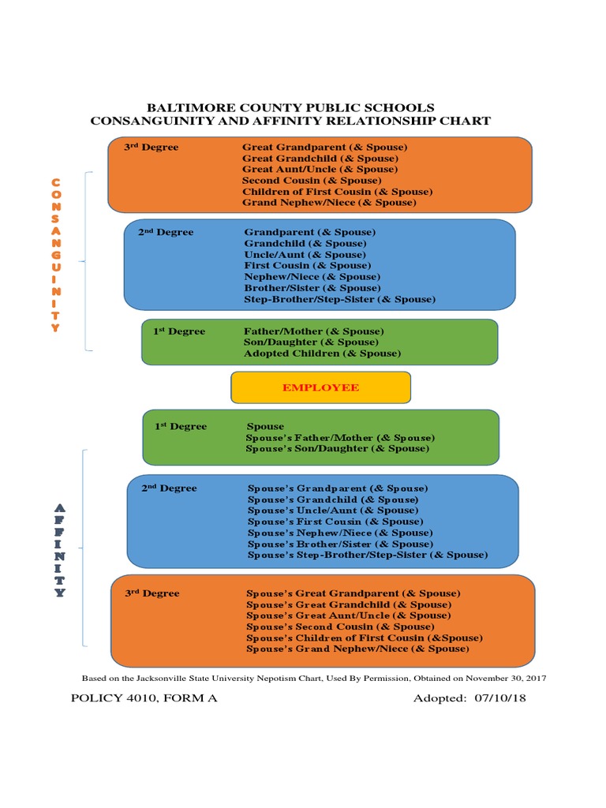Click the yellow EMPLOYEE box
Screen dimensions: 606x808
click(320, 387)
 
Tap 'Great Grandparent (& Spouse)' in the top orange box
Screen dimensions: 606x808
click(324, 148)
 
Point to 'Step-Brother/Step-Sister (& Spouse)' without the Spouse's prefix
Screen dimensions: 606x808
click(339, 299)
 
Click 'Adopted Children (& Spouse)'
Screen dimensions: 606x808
click(322, 353)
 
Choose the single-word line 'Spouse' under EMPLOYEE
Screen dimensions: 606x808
click(265, 426)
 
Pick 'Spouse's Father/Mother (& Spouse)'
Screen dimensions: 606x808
click(340, 437)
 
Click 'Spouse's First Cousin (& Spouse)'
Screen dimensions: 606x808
click(335, 522)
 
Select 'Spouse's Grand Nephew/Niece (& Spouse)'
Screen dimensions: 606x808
click(357, 649)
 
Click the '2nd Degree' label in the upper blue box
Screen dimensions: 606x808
click(166, 233)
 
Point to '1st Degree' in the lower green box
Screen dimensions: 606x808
click(181, 426)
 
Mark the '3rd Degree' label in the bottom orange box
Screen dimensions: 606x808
click(152, 593)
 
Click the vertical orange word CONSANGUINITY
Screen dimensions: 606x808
click(55, 255)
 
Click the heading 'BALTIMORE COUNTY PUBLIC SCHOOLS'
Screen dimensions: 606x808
click(290, 107)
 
